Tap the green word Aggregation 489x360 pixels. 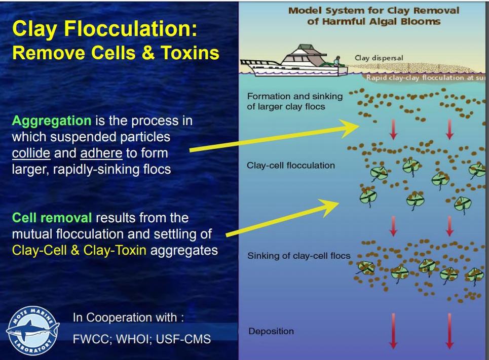pos(51,121)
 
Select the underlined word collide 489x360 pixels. pos(31,153)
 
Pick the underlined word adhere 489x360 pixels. pos(101,153)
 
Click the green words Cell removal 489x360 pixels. pos(52,218)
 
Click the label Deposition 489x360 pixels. pos(271,331)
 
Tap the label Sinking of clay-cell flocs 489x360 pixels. pos(298,256)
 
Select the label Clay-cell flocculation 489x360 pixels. pos(290,165)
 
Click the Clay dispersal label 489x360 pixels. pos(379,58)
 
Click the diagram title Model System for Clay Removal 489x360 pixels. pos(373,11)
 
